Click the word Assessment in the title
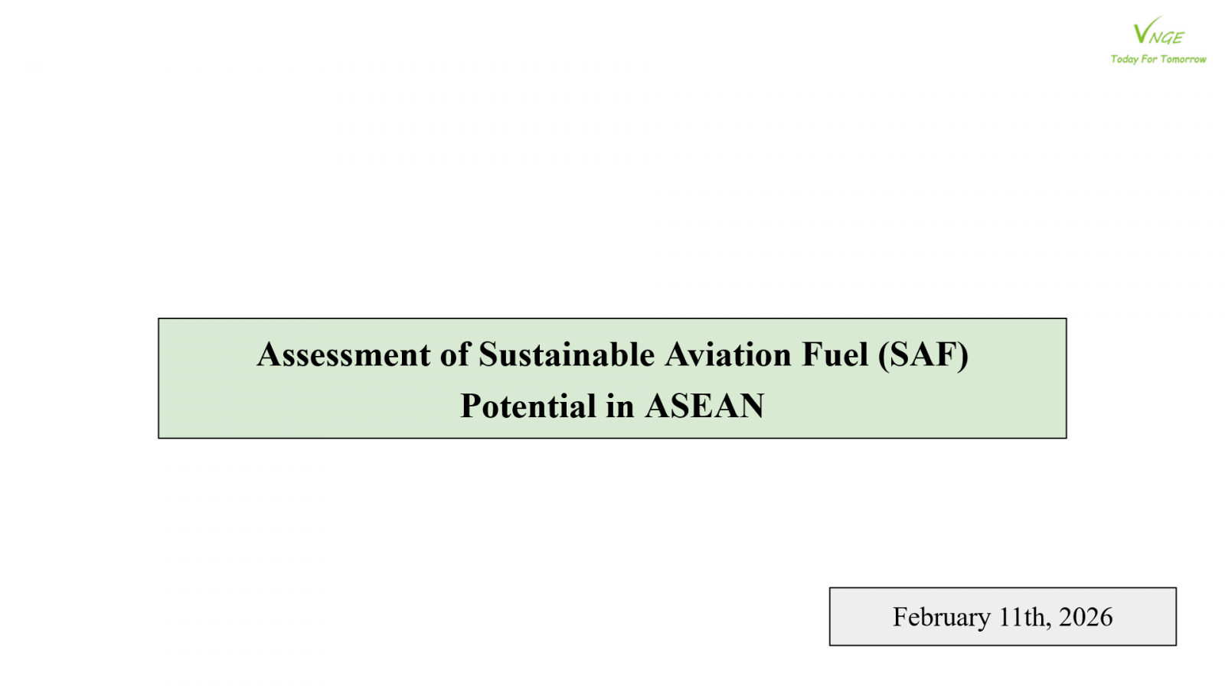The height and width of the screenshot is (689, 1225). [344, 354]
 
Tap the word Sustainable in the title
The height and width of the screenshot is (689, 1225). [567, 354]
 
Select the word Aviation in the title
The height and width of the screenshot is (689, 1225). [728, 354]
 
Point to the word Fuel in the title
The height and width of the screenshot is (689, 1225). [835, 354]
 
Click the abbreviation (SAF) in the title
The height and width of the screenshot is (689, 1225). [923, 355]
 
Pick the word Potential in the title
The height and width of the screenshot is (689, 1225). [528, 406]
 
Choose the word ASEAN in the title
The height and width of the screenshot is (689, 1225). [704, 406]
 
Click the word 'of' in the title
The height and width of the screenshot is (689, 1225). [455, 354]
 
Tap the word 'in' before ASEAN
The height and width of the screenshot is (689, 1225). [620, 407]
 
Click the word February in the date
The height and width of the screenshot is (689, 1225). [942, 617]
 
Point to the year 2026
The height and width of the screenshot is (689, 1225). [1086, 617]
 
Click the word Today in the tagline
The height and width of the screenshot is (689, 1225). [1125, 59]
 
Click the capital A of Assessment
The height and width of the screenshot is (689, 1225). [268, 354]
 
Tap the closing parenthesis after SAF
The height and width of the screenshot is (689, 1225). [964, 356]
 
